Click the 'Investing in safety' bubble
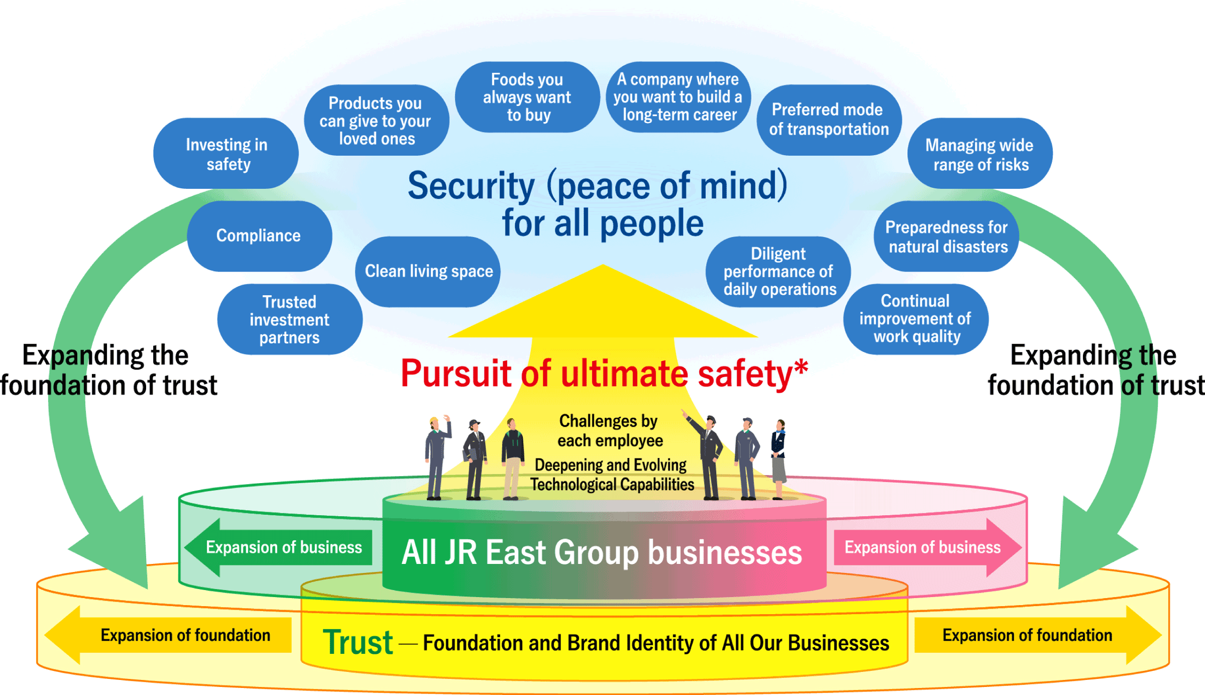point(226,154)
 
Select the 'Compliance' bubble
point(259,236)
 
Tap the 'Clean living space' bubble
point(428,272)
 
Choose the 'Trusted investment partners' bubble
point(290,320)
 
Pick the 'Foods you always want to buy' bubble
point(527,97)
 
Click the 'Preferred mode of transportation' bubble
point(829,120)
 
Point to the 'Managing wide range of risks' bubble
point(980,154)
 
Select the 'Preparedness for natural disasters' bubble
point(946,237)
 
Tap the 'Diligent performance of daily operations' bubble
point(778,272)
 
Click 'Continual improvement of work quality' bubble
point(916,319)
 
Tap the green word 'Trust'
point(357,642)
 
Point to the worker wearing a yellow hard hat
point(436,457)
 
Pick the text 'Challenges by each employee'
point(610,431)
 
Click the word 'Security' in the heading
point(471,186)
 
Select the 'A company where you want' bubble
point(678,97)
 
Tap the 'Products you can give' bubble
point(376,121)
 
